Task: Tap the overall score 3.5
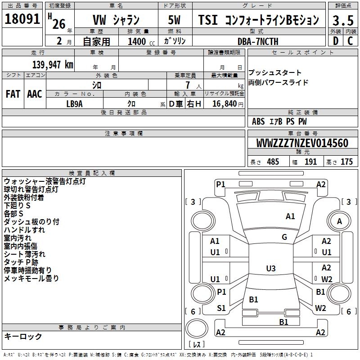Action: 342,20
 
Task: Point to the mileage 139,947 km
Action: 53,64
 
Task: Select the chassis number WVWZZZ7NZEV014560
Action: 302,143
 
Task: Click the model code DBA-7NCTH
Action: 258,41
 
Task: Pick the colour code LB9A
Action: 75,103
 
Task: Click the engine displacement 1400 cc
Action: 138,41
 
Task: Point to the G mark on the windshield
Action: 284,237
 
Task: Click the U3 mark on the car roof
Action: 270,269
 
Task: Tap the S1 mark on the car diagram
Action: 221,308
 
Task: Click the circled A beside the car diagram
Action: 339,221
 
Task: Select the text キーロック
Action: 23,336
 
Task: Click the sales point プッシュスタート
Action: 275,73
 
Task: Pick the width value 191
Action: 310,162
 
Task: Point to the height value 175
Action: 346,162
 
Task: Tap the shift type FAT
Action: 13,94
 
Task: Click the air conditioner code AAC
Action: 35,94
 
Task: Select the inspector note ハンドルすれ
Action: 24,230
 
